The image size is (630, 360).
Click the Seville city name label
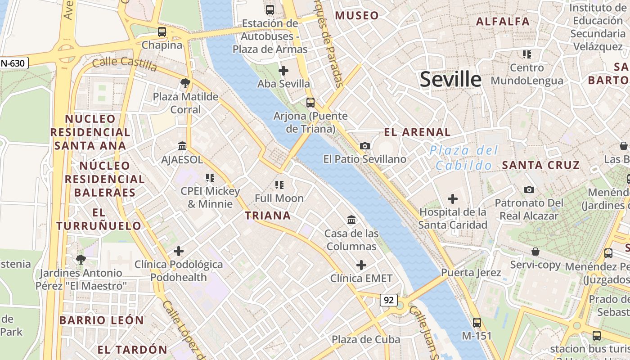pos(450,80)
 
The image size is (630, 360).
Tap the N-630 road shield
pos(13,63)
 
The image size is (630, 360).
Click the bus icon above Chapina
pos(162,32)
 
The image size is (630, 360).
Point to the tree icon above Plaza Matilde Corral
pos(184,83)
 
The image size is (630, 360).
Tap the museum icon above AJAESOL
pos(182,146)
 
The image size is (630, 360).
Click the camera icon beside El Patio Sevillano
pos(365,146)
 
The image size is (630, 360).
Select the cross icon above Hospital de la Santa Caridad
pos(453,198)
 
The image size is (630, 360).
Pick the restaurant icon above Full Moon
pos(279,184)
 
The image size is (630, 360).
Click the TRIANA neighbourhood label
pos(268,216)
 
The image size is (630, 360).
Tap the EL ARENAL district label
pos(417,132)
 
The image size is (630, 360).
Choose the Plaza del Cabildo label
pos(464,157)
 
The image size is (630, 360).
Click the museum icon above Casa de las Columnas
pos(351,220)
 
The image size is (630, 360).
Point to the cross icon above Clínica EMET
pos(361,265)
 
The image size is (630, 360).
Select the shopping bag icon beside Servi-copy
pos(535,251)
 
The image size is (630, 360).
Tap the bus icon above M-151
pos(477,322)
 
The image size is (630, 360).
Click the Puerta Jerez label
pos(471,273)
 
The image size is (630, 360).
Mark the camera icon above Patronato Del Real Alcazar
pos(529,189)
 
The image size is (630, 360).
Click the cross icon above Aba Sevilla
pos(283,70)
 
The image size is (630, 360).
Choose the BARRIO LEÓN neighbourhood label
pos(102,320)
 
